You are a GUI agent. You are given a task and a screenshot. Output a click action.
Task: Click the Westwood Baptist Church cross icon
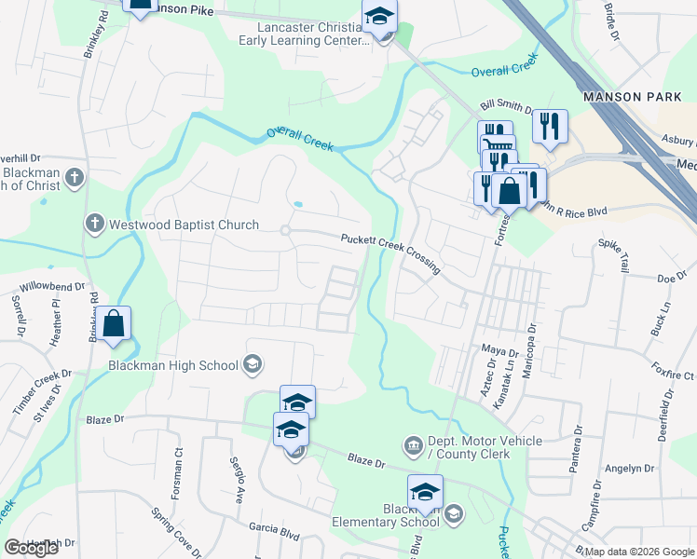click(93, 224)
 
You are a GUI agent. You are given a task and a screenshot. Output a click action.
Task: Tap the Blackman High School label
click(173, 365)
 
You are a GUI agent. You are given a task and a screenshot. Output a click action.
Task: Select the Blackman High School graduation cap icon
click(252, 364)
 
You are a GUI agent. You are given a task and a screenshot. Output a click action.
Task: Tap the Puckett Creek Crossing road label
click(389, 251)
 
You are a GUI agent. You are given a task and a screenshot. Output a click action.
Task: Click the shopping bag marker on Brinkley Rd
click(114, 325)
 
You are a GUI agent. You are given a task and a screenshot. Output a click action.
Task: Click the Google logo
click(31, 548)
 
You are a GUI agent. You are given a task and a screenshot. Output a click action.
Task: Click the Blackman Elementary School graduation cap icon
click(454, 513)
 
